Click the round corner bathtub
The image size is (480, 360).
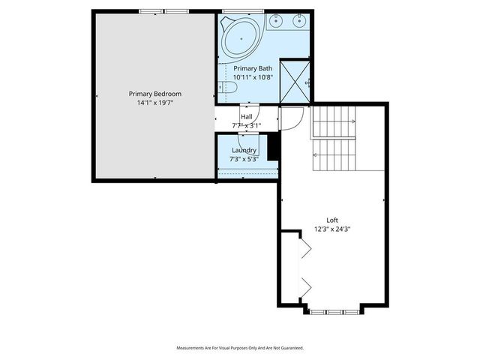click(x=241, y=35)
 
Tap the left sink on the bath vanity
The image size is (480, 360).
click(x=276, y=21)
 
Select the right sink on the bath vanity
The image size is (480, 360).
click(x=301, y=21)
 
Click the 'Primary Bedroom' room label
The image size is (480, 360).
click(x=154, y=94)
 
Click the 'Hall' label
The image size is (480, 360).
click(x=246, y=117)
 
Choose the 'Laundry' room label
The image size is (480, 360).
click(x=244, y=150)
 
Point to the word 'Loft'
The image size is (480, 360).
click(x=332, y=220)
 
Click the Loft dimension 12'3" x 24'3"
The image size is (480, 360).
click(x=332, y=229)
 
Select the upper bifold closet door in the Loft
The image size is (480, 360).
click(x=305, y=249)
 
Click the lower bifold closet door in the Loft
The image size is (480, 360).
click(x=305, y=286)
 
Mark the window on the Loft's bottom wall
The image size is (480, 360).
click(x=334, y=310)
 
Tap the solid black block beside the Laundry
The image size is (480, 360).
click(x=274, y=146)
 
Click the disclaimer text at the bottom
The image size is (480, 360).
click(x=240, y=348)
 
